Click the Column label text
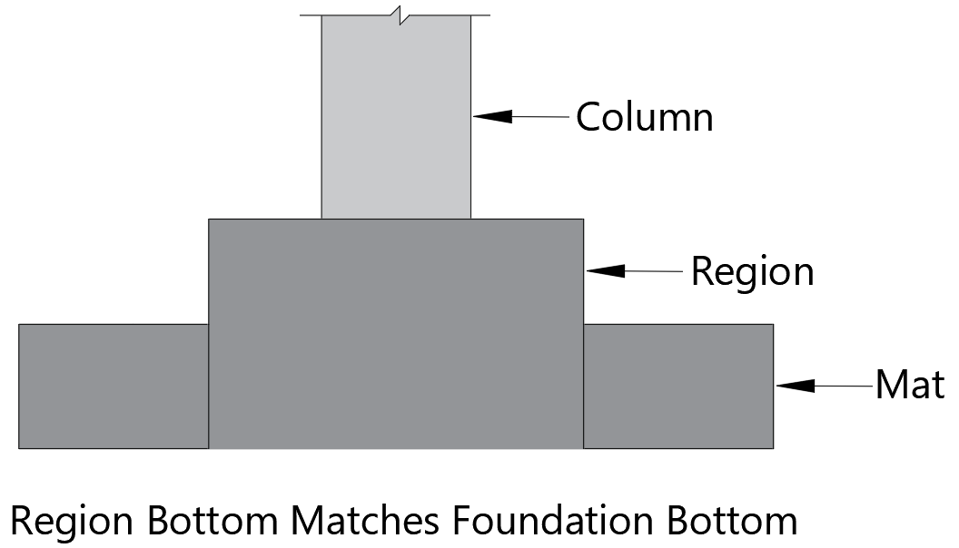click(x=645, y=117)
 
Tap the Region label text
click(x=752, y=271)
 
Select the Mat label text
click(x=909, y=386)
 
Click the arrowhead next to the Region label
click(x=607, y=270)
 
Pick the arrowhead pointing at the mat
click(x=795, y=386)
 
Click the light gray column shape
click(x=396, y=118)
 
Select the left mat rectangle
click(x=114, y=386)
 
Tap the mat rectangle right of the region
click(x=677, y=386)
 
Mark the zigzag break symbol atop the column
click(x=396, y=14)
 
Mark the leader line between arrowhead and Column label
click(x=540, y=116)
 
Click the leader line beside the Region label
click(x=653, y=270)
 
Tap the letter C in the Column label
click(x=588, y=117)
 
